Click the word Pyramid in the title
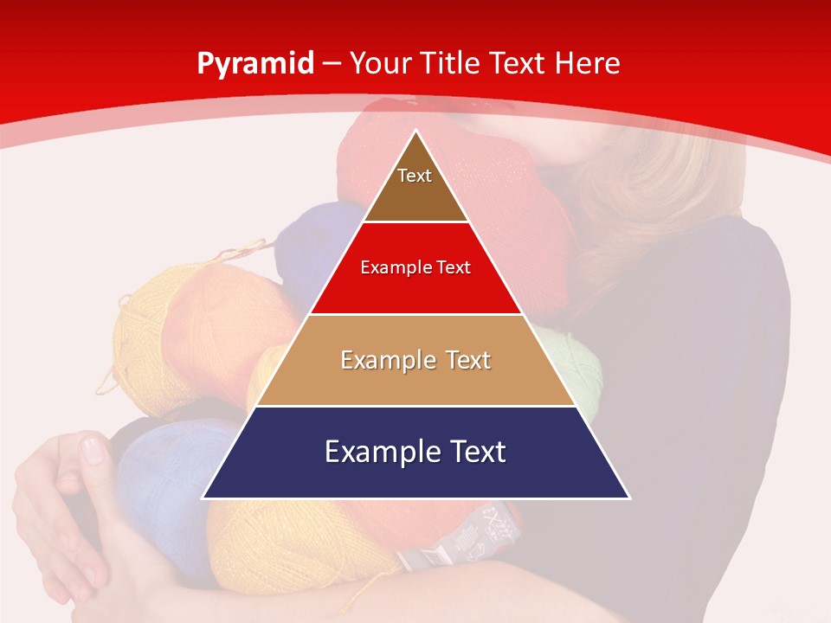255,64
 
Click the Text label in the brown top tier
415,176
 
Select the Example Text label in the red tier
415,267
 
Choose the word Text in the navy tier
474,452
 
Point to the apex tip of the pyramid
416,132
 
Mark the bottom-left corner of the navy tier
204,498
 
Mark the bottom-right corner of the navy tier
628,498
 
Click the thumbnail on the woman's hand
92,451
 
